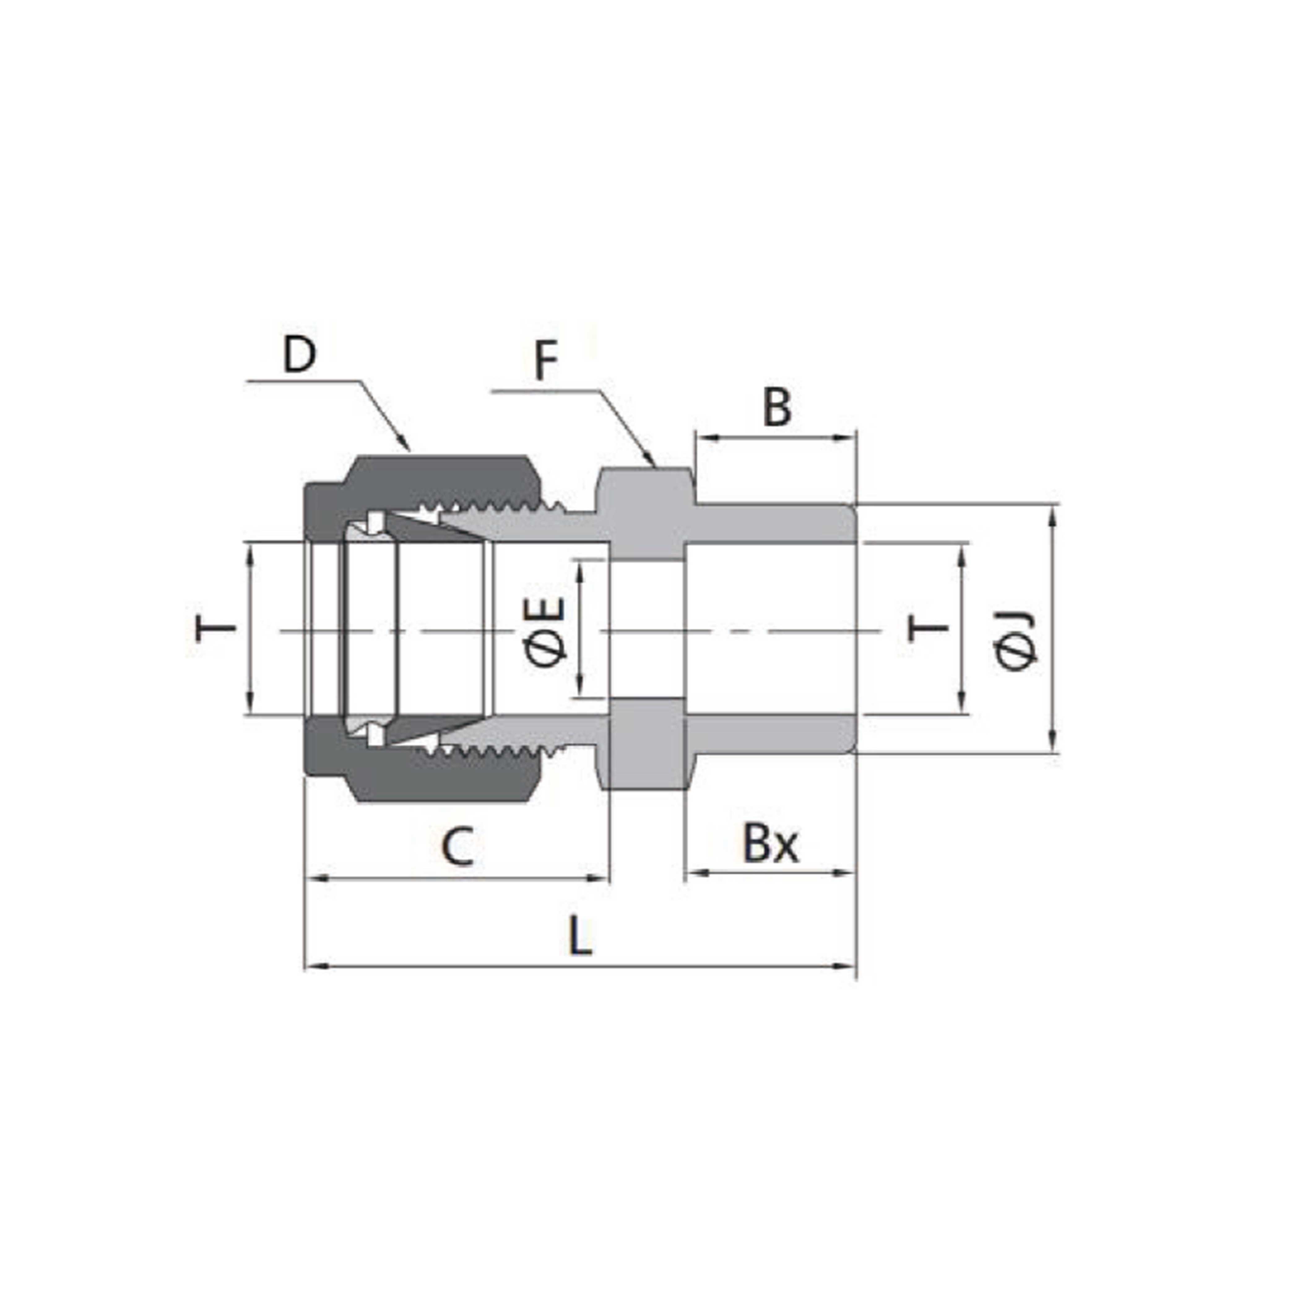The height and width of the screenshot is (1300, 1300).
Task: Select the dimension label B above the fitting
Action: pyautogui.click(x=777, y=408)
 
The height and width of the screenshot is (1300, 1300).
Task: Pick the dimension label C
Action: pyautogui.click(x=457, y=847)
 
